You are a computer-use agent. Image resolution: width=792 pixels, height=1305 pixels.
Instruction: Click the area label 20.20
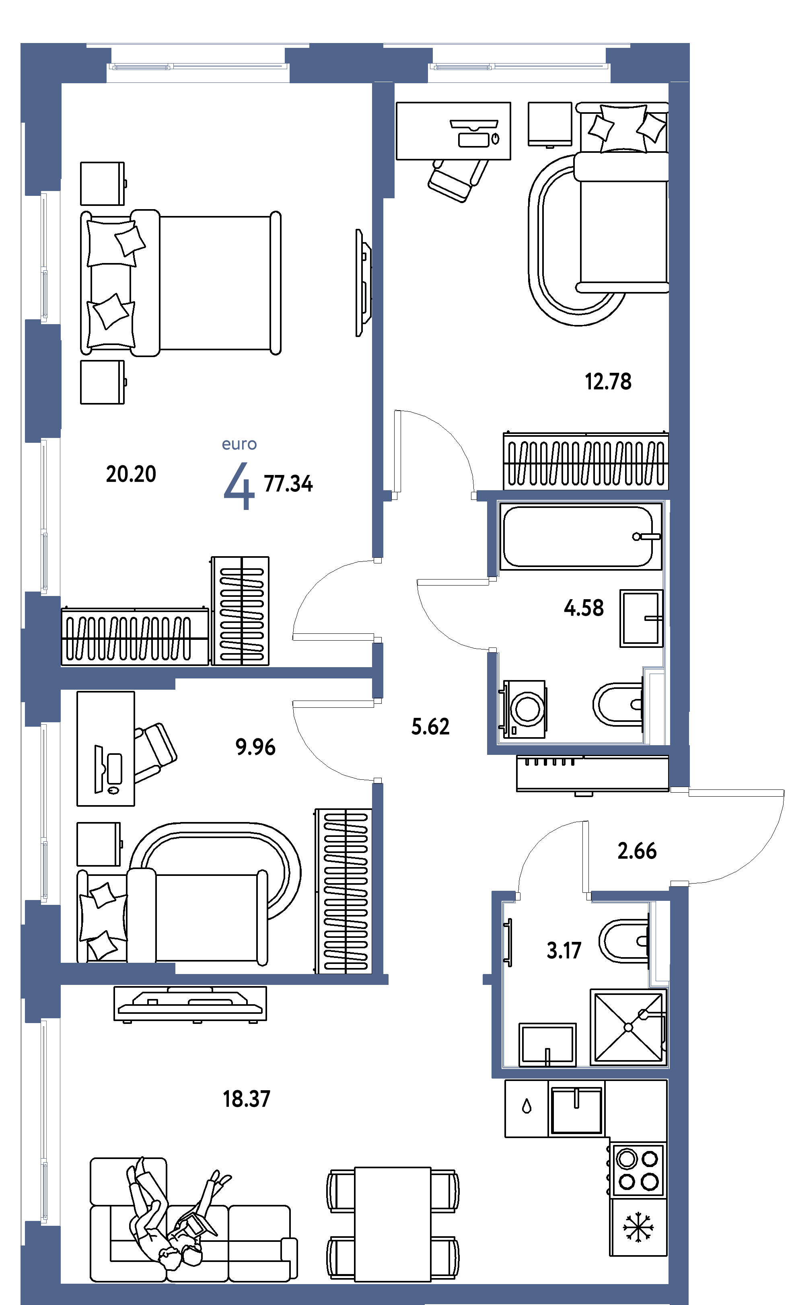[131, 474]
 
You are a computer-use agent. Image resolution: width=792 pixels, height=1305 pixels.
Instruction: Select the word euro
[239, 444]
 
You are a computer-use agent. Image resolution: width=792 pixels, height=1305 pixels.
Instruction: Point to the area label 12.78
[608, 381]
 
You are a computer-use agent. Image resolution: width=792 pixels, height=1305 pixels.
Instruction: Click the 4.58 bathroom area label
[583, 608]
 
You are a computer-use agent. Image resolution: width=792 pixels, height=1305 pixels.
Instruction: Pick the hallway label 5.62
[430, 727]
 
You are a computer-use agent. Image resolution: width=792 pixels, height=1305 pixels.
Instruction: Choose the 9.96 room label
[255, 747]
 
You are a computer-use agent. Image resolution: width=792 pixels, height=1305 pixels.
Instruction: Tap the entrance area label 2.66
[637, 851]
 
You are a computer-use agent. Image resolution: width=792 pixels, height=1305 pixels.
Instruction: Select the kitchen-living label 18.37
[246, 1099]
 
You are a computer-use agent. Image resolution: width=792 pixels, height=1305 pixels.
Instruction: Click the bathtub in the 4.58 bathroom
[580, 536]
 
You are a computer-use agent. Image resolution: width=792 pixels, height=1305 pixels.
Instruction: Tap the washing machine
[523, 709]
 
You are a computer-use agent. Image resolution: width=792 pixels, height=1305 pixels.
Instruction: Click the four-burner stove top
[638, 1170]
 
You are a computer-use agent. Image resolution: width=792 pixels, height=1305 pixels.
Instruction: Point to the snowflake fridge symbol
[638, 1227]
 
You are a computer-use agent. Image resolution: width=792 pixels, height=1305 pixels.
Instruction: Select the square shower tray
[628, 1027]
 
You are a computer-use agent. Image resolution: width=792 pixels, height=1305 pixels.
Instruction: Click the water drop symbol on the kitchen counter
[526, 1106]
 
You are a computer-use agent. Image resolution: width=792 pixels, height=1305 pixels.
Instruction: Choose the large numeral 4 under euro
[239, 486]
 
